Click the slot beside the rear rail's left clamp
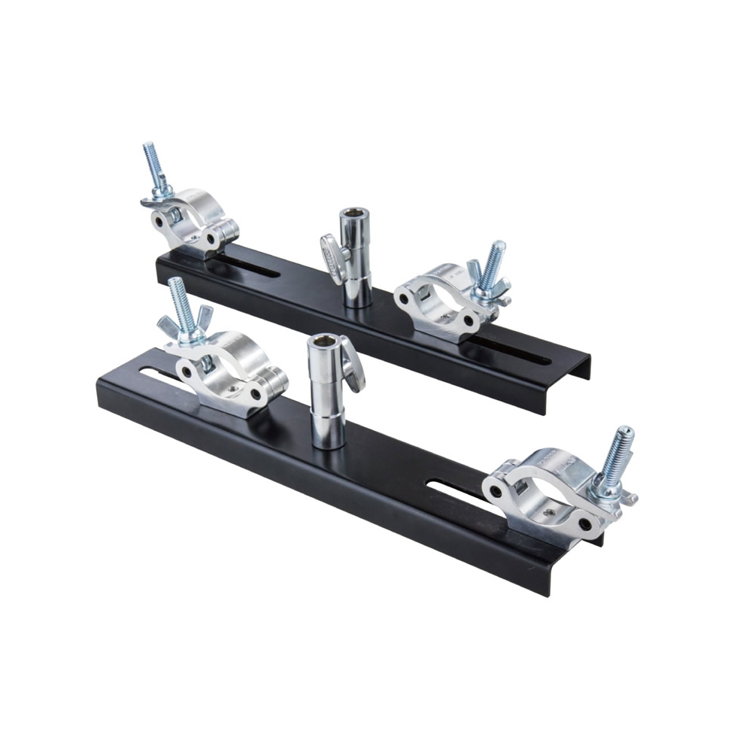[248, 266]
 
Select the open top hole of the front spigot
[323, 343]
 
